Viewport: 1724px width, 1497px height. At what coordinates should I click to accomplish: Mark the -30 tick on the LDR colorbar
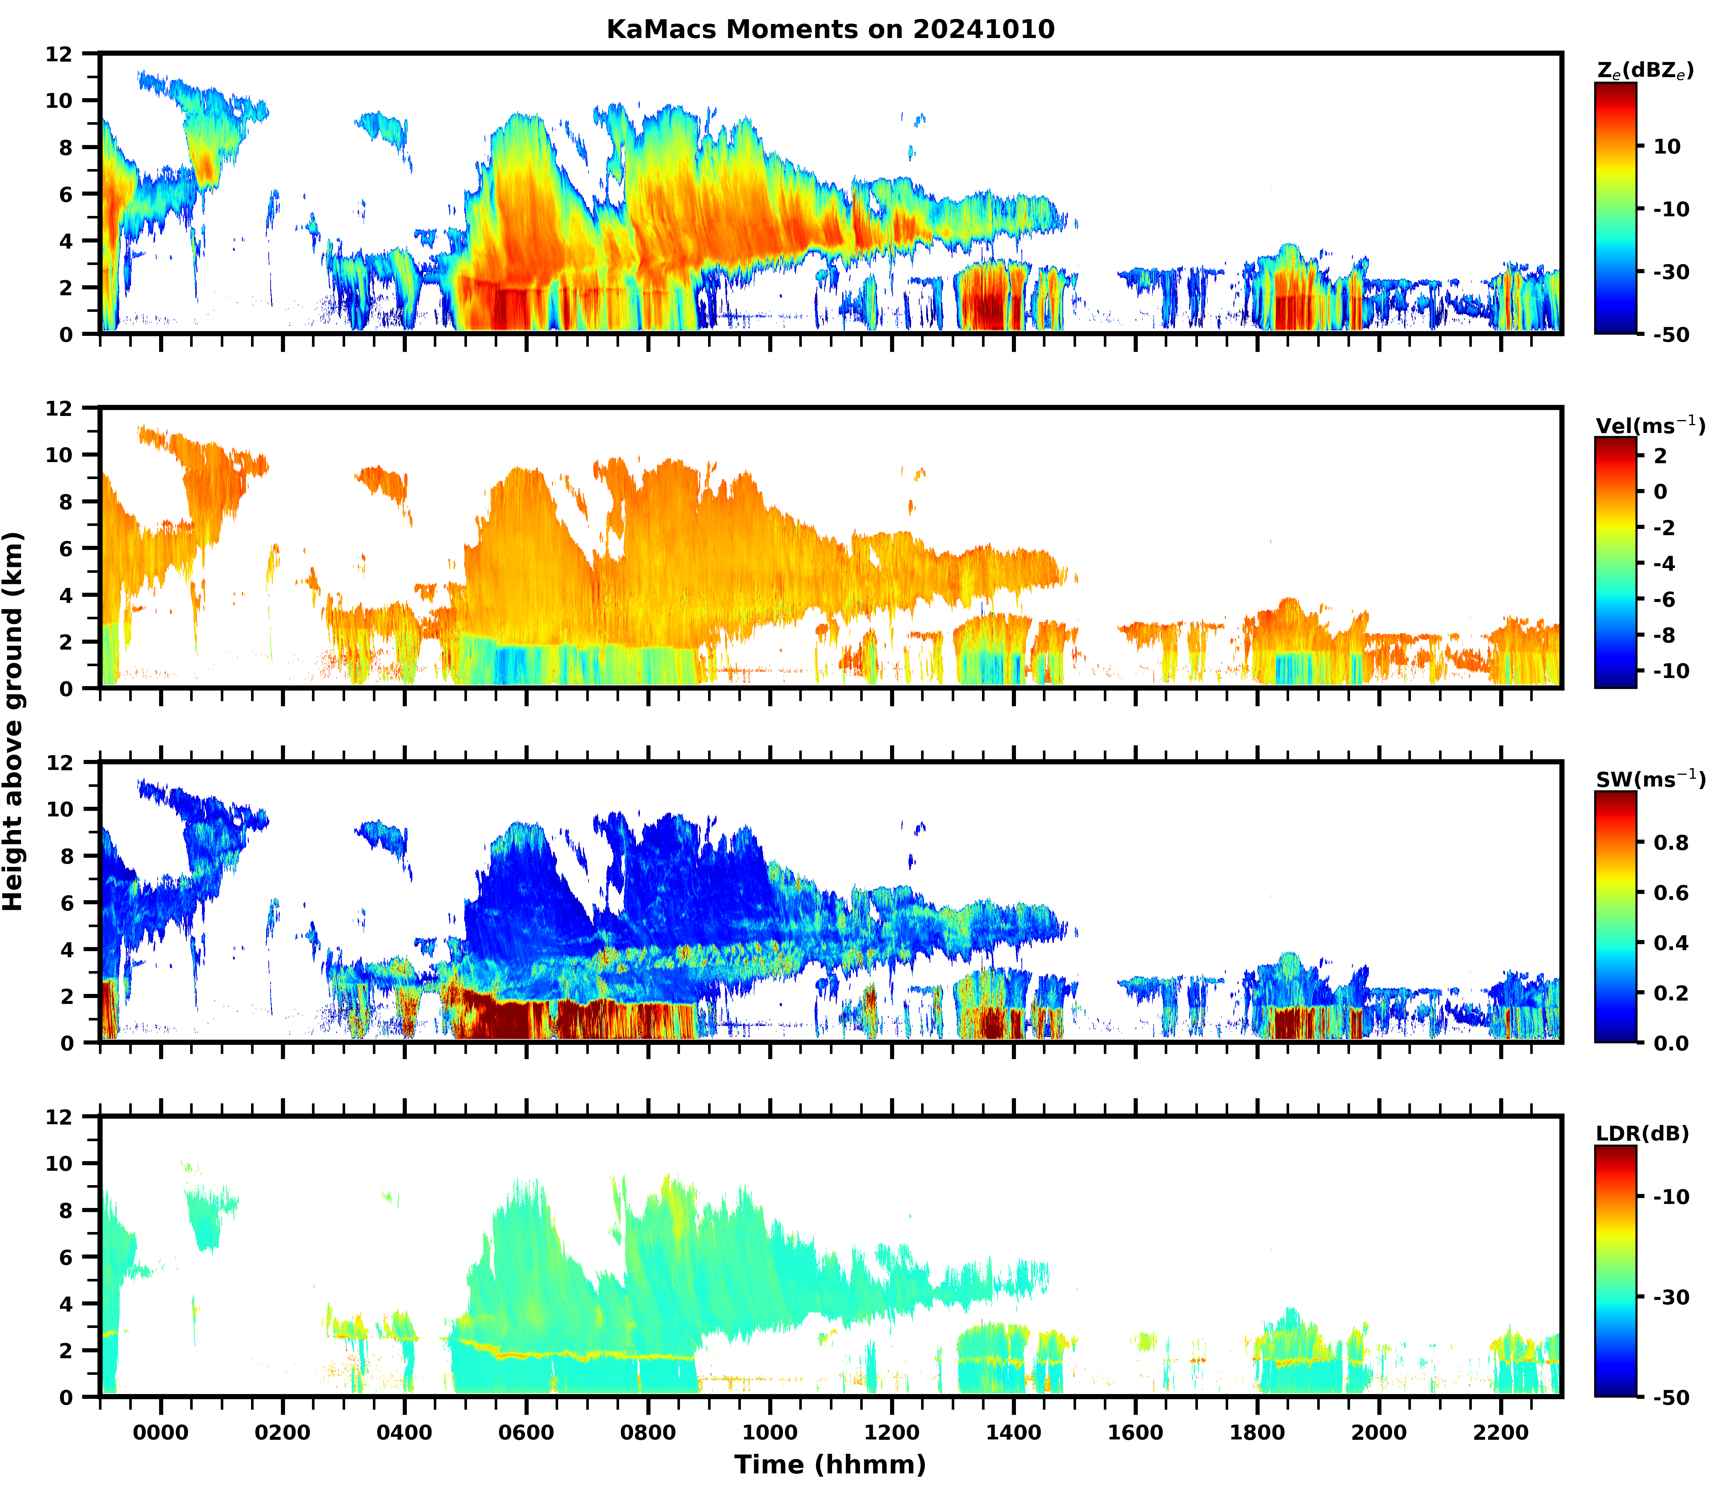pos(1671,1297)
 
